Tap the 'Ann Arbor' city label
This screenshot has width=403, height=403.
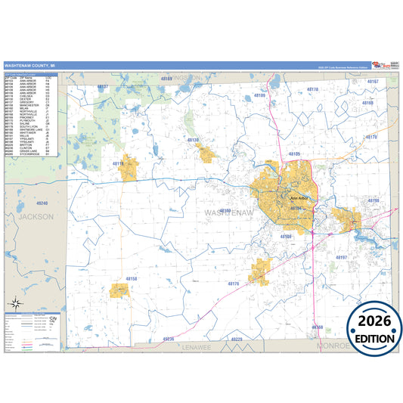[x=300, y=198]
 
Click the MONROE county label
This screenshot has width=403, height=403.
[x=333, y=346]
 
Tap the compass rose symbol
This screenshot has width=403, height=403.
[x=15, y=305]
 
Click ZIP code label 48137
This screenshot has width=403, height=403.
[x=103, y=88]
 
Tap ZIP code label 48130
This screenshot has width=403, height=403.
[x=193, y=141]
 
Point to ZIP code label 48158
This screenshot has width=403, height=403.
[x=132, y=279]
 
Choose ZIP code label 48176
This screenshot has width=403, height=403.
[x=233, y=284]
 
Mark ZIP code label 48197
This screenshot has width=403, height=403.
[x=341, y=258]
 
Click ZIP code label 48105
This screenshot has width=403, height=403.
[x=294, y=154]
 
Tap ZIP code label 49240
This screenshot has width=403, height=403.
[x=42, y=203]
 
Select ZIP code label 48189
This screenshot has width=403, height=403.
[x=259, y=96]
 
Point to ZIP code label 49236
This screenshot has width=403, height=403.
[x=168, y=339]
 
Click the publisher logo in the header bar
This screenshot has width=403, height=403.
[x=383, y=66]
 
